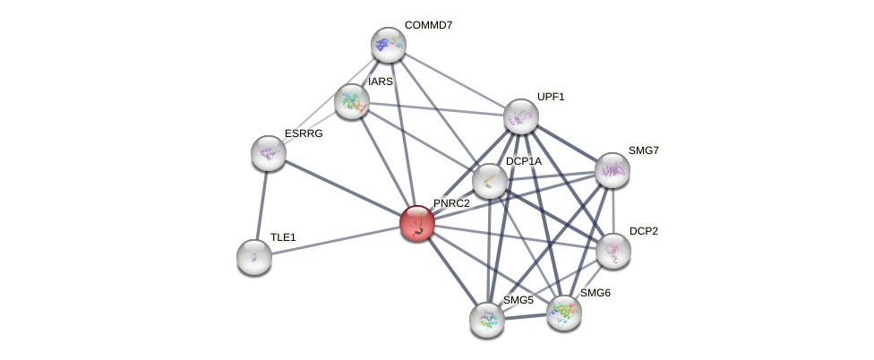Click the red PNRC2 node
pos(416,223)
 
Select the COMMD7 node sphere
pos(389,44)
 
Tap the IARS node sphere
pos(352,101)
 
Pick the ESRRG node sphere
pos(269,153)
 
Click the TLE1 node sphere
pos(254,257)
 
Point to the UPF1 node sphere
pos(521,116)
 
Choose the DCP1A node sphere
pos(490,181)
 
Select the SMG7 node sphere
pos(613,170)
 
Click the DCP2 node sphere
pos(613,251)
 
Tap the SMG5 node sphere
pos(487,319)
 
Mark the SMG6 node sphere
pos(564,312)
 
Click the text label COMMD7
pos(428,25)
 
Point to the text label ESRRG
pos(304,133)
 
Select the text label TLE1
pos(283,237)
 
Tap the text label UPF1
pos(551,97)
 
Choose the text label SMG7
pos(643,150)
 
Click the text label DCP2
pos(643,231)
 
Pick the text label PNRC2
pos(451,203)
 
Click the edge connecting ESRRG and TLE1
pos(261,205)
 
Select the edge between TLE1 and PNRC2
pos(336,240)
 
